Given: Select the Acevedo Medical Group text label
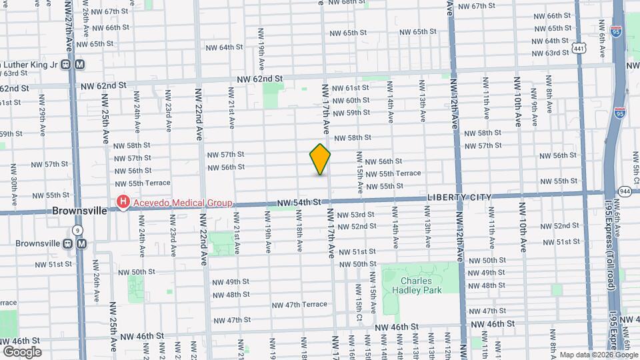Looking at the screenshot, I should pyautogui.click(x=181, y=203).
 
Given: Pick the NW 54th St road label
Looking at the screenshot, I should pyautogui.click(x=300, y=202).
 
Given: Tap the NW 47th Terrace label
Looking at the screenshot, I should pyautogui.click(x=299, y=304).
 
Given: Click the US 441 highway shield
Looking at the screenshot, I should pyautogui.click(x=579, y=48).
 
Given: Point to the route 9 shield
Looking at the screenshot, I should pyautogui.click(x=78, y=230).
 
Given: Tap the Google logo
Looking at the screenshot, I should pyautogui.click(x=22, y=351).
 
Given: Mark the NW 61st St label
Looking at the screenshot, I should pyautogui.click(x=353, y=88).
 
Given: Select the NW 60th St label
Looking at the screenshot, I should pyautogui.click(x=353, y=100).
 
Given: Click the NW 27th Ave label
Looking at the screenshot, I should pyautogui.click(x=71, y=27).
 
